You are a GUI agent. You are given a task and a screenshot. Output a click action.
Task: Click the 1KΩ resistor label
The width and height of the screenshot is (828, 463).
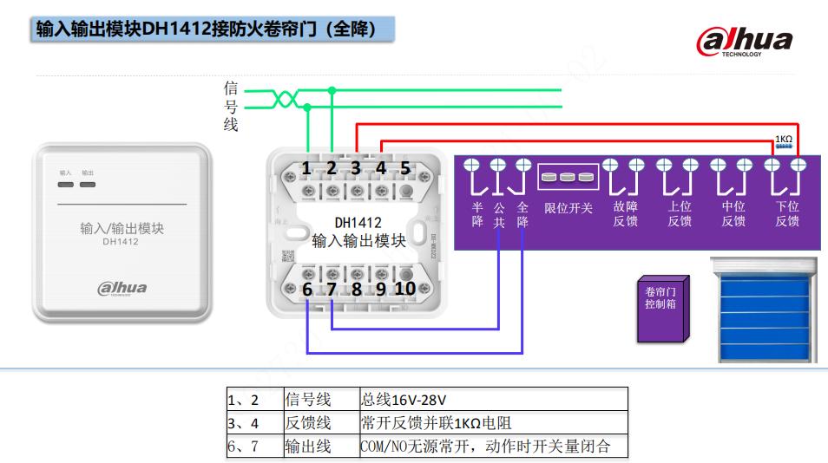[783, 139]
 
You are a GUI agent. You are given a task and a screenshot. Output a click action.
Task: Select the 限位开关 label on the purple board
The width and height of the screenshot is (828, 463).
[568, 208]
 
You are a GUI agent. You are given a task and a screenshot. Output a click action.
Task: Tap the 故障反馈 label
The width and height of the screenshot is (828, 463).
[625, 214]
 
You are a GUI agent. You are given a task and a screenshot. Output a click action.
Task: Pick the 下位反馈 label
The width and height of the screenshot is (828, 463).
[787, 214]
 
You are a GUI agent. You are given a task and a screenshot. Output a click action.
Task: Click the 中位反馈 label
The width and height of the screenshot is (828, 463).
[733, 214]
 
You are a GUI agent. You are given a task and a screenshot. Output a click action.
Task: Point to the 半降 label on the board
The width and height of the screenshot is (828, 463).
[477, 214]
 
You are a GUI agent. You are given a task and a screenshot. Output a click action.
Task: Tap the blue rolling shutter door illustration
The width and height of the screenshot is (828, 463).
[765, 310]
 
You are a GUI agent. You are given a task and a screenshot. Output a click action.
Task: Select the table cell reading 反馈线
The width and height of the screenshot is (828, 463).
[308, 423]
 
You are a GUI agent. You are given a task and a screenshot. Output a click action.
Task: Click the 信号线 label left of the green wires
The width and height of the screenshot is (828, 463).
[231, 106]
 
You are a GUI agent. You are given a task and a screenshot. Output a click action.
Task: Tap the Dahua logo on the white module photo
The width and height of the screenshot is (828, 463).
[122, 288]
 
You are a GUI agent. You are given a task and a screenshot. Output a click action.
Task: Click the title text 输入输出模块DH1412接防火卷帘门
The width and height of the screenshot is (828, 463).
[206, 30]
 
